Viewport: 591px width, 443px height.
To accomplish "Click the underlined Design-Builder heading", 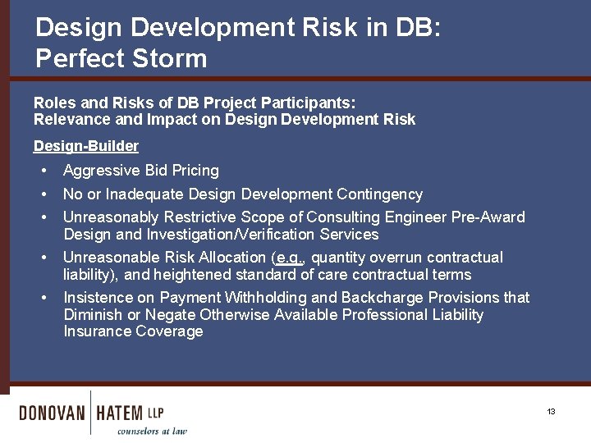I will click(85, 146).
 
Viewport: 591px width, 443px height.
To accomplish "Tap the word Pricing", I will click(195, 171).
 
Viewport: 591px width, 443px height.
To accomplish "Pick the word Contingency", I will click(380, 194).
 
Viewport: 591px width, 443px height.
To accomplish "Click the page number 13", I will click(552, 411).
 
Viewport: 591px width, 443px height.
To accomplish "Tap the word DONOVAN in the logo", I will click(52, 413).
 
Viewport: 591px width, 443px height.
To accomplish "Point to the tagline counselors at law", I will click(152, 431).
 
